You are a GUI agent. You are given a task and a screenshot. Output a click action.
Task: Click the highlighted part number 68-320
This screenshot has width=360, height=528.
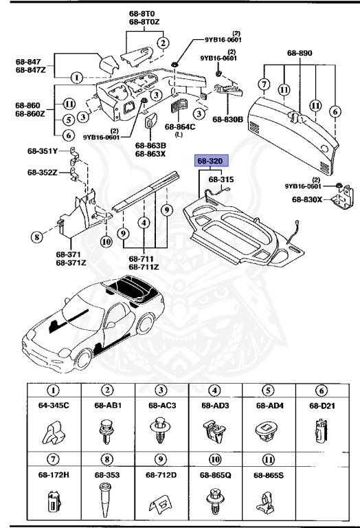[x=210, y=162]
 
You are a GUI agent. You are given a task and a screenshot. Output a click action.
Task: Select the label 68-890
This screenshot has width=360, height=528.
[x=300, y=52]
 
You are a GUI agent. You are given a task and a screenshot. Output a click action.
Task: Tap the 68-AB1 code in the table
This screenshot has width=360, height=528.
[x=108, y=405]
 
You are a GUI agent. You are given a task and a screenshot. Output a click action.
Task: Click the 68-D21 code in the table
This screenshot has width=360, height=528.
[x=324, y=405]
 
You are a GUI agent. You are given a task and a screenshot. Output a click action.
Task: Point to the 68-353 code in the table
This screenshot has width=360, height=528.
[x=108, y=474]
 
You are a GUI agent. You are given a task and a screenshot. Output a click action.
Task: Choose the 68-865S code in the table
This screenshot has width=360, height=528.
[x=269, y=474]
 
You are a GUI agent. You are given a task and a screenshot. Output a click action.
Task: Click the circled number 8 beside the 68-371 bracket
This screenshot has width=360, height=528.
[x=36, y=238]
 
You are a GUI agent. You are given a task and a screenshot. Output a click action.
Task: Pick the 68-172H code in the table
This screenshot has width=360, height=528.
[x=54, y=474]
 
